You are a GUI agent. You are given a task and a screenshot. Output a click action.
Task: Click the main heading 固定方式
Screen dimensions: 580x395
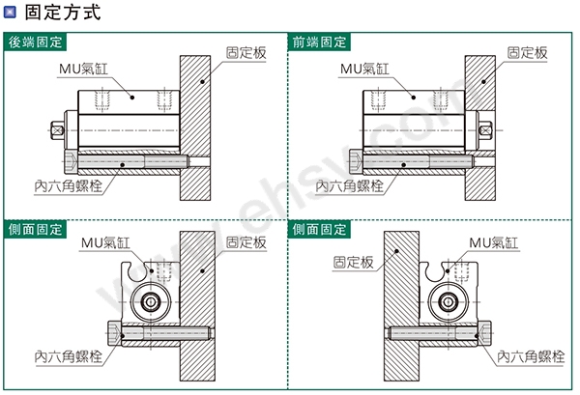coord(63,12)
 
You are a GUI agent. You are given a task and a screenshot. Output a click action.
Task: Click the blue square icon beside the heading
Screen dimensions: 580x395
coord(10,12)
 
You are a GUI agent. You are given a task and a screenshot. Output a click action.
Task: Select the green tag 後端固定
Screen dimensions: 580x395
coord(35,42)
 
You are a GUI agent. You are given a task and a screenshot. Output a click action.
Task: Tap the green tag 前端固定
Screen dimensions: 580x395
coord(319,42)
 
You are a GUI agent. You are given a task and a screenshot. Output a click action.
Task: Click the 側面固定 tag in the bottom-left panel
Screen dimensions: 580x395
coord(35,230)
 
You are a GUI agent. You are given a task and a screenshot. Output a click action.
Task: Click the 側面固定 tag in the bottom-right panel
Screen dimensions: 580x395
coord(319,230)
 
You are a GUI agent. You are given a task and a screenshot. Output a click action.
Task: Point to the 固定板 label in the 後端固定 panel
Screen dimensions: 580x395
coord(246,53)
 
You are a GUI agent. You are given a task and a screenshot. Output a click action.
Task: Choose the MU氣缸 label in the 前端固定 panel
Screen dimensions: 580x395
coord(364,69)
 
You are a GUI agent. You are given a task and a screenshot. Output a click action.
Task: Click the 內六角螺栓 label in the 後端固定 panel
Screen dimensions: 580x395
coord(69,185)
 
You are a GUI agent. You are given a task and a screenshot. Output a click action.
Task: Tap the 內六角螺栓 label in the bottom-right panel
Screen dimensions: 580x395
coord(531,356)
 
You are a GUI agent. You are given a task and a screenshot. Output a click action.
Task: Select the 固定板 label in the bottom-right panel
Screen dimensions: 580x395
coord(353,263)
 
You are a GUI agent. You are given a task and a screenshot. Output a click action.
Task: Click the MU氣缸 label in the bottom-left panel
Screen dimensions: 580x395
coord(105,242)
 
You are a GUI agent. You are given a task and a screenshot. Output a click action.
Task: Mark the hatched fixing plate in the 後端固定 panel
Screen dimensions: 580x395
coord(195,127)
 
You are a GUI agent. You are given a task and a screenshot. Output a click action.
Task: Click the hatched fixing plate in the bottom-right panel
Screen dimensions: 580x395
coord(401,306)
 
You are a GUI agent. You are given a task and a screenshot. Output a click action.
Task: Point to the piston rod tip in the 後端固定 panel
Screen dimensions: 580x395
coord(57,130)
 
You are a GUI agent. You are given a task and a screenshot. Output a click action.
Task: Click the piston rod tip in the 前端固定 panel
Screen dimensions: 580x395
coord(485,130)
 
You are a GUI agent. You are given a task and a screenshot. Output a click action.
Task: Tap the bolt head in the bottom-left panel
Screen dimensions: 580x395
coord(115,333)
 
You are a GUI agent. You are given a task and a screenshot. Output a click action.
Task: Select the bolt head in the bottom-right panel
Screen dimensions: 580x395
coord(484,333)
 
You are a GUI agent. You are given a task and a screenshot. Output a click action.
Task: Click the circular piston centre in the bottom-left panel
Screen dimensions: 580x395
coord(151,302)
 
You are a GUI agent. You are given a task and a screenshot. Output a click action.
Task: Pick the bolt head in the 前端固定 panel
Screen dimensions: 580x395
coord(356,162)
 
